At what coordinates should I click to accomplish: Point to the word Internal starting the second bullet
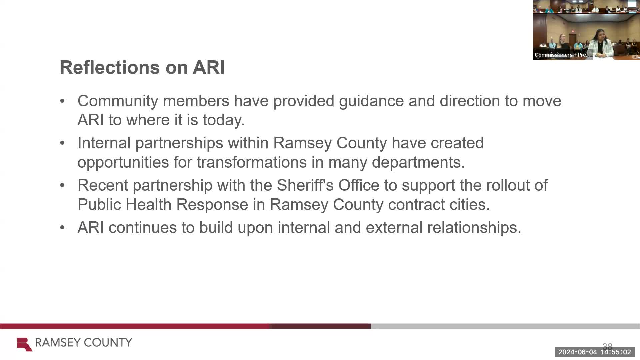point(104,143)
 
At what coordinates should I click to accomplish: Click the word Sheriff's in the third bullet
point(305,185)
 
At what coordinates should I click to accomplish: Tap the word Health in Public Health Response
point(148,204)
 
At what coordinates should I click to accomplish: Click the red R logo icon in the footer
point(25,344)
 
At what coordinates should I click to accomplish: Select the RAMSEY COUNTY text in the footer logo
point(84,343)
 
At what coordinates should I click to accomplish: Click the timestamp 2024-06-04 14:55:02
point(595,352)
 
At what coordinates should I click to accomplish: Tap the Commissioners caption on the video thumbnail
point(562,55)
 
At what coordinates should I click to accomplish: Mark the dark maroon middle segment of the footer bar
point(321,326)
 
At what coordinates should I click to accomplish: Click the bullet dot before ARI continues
point(62,228)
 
